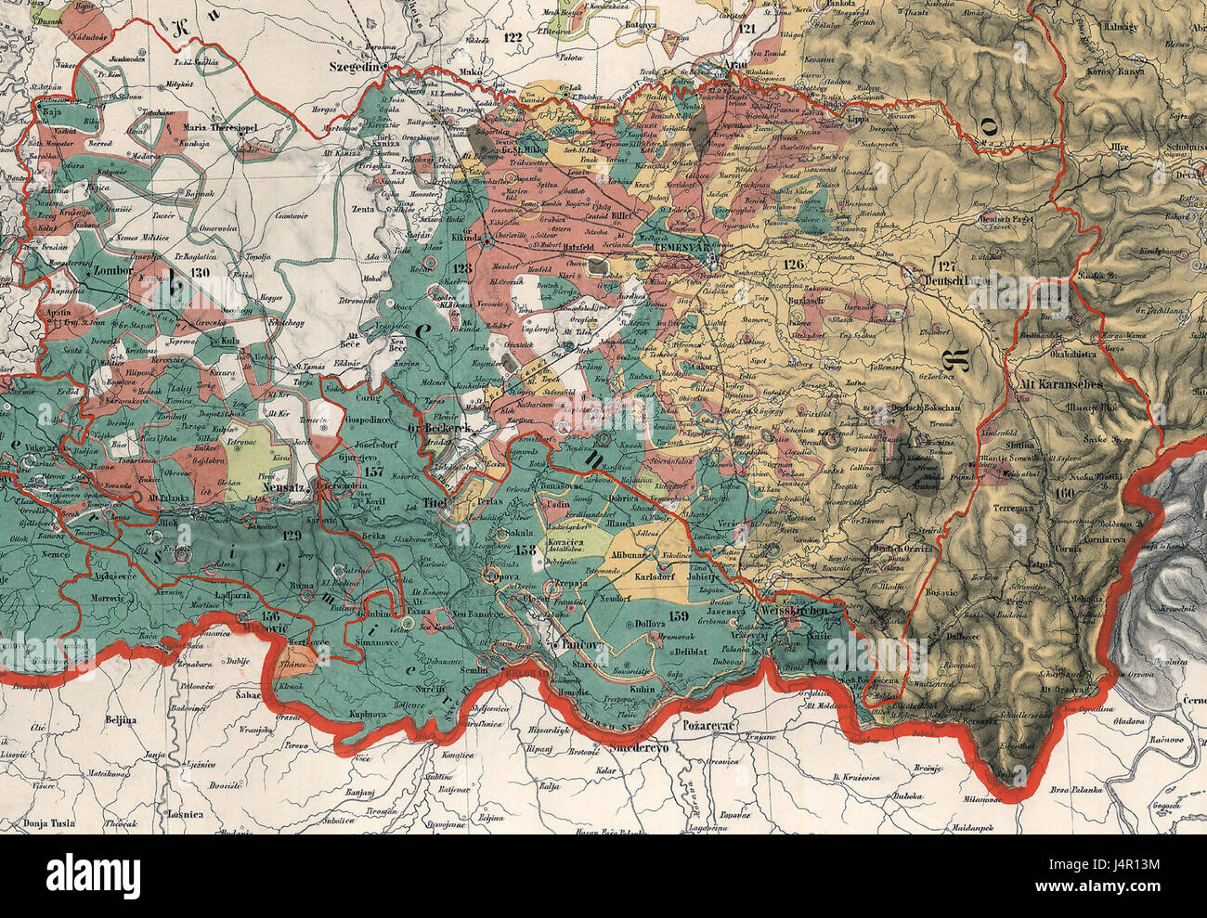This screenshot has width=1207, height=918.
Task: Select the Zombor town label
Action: [114, 274]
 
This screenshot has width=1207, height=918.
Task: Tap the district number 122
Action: [509, 38]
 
